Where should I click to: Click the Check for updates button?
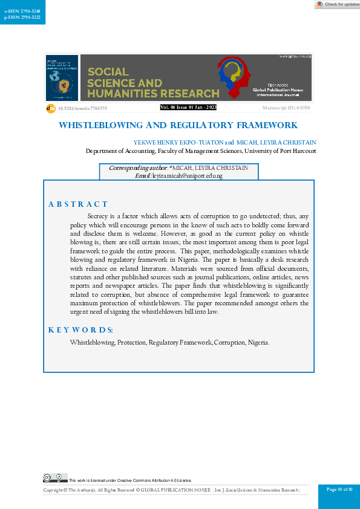337,4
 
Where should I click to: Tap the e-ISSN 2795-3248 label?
19,11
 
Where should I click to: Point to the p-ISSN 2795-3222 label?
19,18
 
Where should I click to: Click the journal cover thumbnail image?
62,78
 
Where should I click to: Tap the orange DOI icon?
51,108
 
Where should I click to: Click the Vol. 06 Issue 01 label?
188,108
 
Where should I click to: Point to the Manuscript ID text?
286,108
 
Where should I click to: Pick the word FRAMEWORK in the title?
270,126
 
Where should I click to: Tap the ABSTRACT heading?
78,204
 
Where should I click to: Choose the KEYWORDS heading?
80,329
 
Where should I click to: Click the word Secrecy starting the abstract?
100,216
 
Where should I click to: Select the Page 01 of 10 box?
339,489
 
